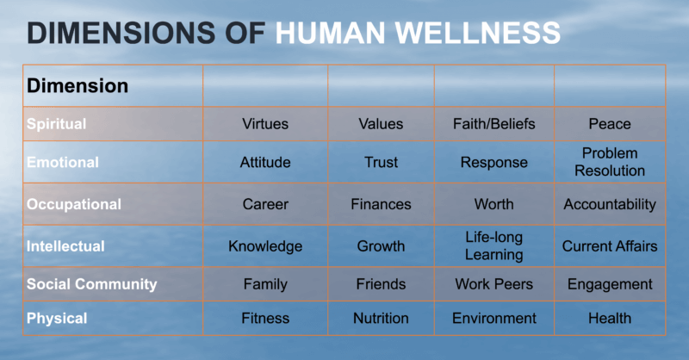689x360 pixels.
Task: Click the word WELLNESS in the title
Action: click(x=478, y=33)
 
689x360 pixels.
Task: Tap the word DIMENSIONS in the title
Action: click(x=121, y=33)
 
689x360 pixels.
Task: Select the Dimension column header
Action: click(x=78, y=86)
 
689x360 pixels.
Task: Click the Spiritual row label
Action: click(x=56, y=124)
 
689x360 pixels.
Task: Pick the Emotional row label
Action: click(x=62, y=162)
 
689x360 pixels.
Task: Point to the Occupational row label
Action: click(x=74, y=204)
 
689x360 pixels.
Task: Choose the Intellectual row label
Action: click(x=65, y=246)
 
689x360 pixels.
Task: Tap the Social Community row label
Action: click(x=91, y=284)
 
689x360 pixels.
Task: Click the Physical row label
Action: click(x=57, y=319)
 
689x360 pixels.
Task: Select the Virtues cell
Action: click(x=265, y=124)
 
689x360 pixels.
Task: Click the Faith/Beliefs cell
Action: click(x=493, y=124)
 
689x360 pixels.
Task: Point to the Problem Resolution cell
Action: click(x=610, y=162)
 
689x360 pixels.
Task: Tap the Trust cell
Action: click(x=381, y=162)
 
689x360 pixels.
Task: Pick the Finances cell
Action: click(x=381, y=204)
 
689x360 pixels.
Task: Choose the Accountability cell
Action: click(x=610, y=204)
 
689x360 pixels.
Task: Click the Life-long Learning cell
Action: click(x=493, y=245)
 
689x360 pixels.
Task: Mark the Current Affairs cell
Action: click(x=610, y=246)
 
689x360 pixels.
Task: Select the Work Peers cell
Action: click(x=493, y=284)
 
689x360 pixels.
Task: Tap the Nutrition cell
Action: click(x=381, y=319)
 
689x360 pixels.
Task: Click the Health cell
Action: click(x=610, y=319)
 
